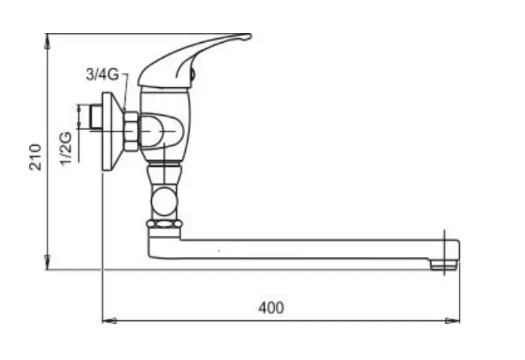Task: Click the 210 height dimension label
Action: (35, 157)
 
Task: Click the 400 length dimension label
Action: (271, 308)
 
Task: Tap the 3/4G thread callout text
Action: (102, 74)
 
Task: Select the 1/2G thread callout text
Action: (66, 148)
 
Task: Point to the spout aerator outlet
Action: (444, 265)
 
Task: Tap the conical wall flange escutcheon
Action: (112, 132)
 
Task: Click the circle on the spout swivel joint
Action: (164, 201)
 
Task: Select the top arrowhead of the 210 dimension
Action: (47, 40)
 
